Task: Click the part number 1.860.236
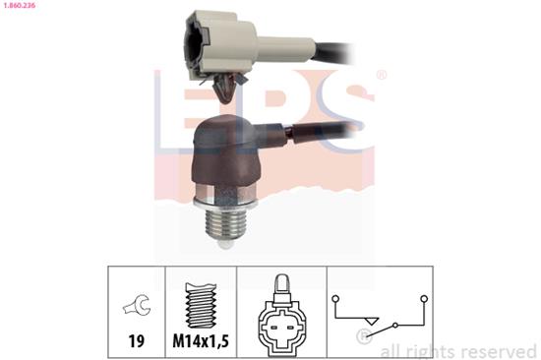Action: click(x=23, y=6)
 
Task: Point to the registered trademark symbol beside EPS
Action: click(x=382, y=76)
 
